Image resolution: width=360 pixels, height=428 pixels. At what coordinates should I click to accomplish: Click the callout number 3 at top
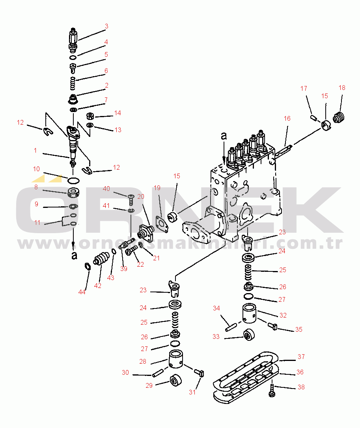(x=106, y=26)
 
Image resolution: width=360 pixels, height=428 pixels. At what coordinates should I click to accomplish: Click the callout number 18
(x=341, y=88)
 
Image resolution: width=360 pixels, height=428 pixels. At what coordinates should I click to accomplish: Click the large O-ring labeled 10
(x=73, y=181)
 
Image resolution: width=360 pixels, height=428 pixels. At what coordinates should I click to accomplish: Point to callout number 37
(x=301, y=357)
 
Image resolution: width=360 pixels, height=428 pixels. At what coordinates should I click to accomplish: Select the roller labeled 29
(x=175, y=381)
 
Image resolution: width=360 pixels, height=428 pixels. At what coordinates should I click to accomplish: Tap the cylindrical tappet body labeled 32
(x=250, y=314)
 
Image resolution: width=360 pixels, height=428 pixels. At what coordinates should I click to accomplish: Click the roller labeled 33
(x=249, y=335)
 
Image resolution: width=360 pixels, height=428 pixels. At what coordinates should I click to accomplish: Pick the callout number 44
(x=82, y=292)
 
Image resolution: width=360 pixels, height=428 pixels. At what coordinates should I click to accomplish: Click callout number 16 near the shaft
(x=287, y=118)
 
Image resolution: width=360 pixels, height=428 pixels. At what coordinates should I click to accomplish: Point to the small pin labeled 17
(x=314, y=117)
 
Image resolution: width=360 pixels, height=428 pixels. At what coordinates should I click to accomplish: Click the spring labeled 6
(x=73, y=83)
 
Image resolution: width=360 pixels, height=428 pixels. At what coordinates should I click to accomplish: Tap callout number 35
(x=298, y=329)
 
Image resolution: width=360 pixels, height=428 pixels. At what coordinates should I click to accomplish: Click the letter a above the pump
(x=224, y=136)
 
